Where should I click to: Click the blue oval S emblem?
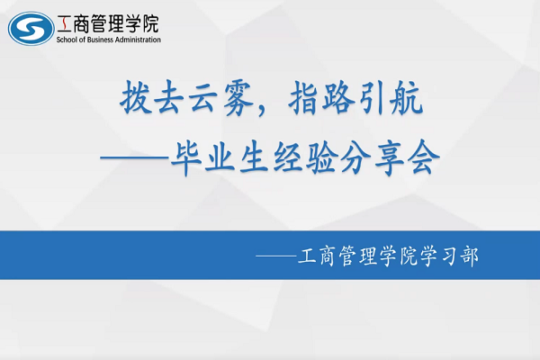point(31,28)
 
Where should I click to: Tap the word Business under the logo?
point(100,40)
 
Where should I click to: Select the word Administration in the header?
point(138,40)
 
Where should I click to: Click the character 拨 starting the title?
point(135,97)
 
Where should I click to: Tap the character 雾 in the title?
point(238,98)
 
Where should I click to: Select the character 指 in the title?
point(303,97)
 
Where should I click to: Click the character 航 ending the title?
point(406,97)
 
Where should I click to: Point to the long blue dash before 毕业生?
point(135,157)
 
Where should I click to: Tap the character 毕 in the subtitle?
point(186,157)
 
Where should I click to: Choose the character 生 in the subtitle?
point(254,157)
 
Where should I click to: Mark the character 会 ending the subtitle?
point(423,157)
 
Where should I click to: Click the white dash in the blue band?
point(276,256)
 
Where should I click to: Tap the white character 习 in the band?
point(450,256)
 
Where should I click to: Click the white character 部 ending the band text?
point(470,256)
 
